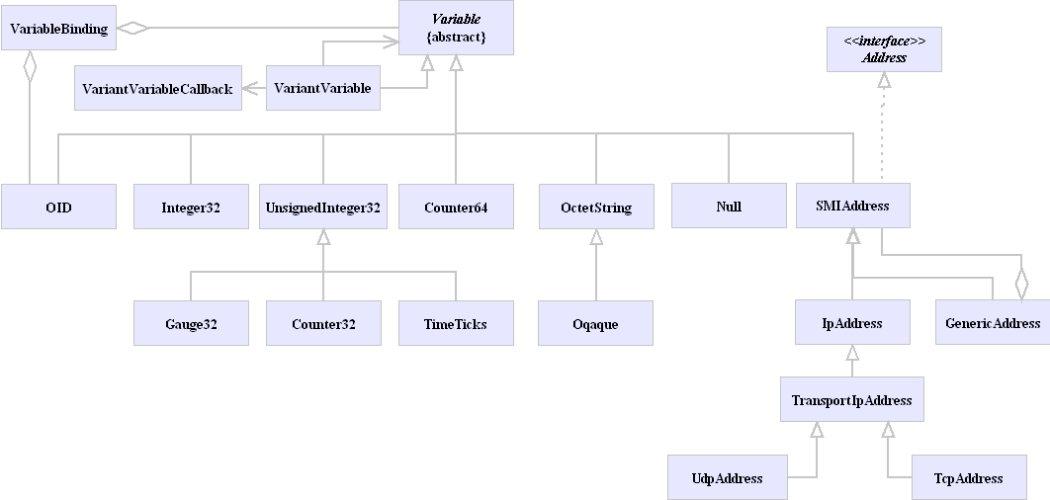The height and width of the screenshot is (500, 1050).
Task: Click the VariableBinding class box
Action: tap(58, 28)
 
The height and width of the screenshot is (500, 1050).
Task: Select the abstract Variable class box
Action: tap(456, 28)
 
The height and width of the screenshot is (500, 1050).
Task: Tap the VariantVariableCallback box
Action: tap(158, 89)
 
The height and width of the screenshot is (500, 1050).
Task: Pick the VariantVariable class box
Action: tap(322, 89)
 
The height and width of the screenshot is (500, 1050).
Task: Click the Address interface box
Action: tap(884, 49)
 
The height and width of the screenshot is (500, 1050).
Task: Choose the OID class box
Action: tap(58, 208)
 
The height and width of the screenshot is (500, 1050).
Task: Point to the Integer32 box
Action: tap(191, 208)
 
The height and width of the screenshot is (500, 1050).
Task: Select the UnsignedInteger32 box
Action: tap(323, 208)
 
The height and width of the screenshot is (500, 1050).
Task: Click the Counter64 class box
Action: tap(456, 208)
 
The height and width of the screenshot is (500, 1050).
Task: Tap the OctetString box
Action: tap(595, 208)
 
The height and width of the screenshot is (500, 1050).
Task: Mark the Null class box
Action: tap(729, 207)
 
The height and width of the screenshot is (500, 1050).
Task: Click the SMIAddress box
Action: tap(852, 207)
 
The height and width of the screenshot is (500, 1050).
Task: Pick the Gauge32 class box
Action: tap(191, 324)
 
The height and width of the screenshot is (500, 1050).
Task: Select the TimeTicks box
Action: tap(456, 324)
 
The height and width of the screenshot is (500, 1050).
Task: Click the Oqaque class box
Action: tap(595, 324)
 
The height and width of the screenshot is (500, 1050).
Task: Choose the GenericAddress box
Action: tap(993, 323)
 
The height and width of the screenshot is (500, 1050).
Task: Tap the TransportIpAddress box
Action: tap(851, 400)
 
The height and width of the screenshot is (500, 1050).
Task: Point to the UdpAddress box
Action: tap(728, 478)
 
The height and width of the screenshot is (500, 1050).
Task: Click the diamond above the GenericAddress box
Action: tap(1021, 284)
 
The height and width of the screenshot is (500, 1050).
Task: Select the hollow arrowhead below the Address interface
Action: tap(884, 81)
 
